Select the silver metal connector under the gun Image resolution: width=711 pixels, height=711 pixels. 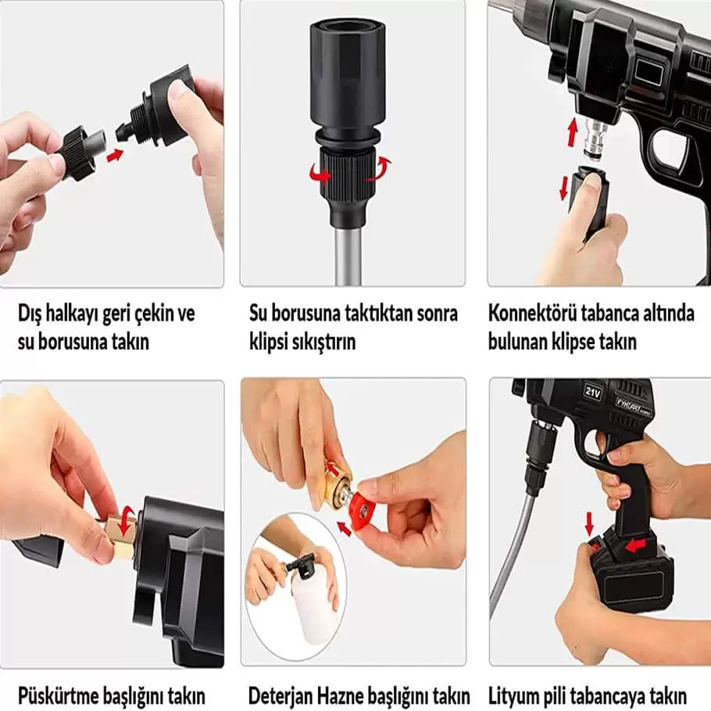(594, 138)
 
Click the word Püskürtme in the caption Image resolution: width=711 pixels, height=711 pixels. (59, 695)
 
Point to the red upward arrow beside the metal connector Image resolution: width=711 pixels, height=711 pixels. (573, 132)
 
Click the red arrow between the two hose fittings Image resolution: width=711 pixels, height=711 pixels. (115, 156)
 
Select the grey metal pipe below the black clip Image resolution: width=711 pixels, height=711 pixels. (348, 256)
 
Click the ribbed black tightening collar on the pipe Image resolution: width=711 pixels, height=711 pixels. (348, 174)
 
